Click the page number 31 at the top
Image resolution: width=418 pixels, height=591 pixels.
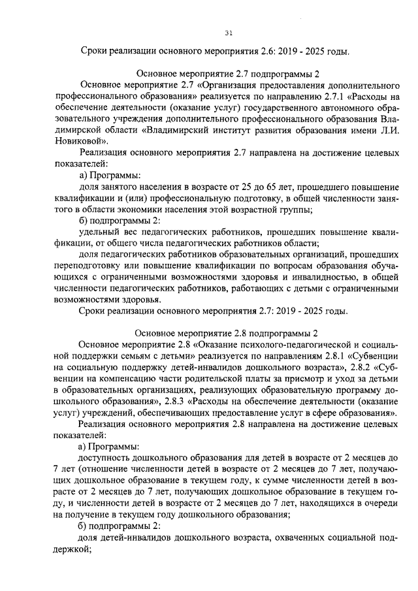(x=228, y=33)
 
